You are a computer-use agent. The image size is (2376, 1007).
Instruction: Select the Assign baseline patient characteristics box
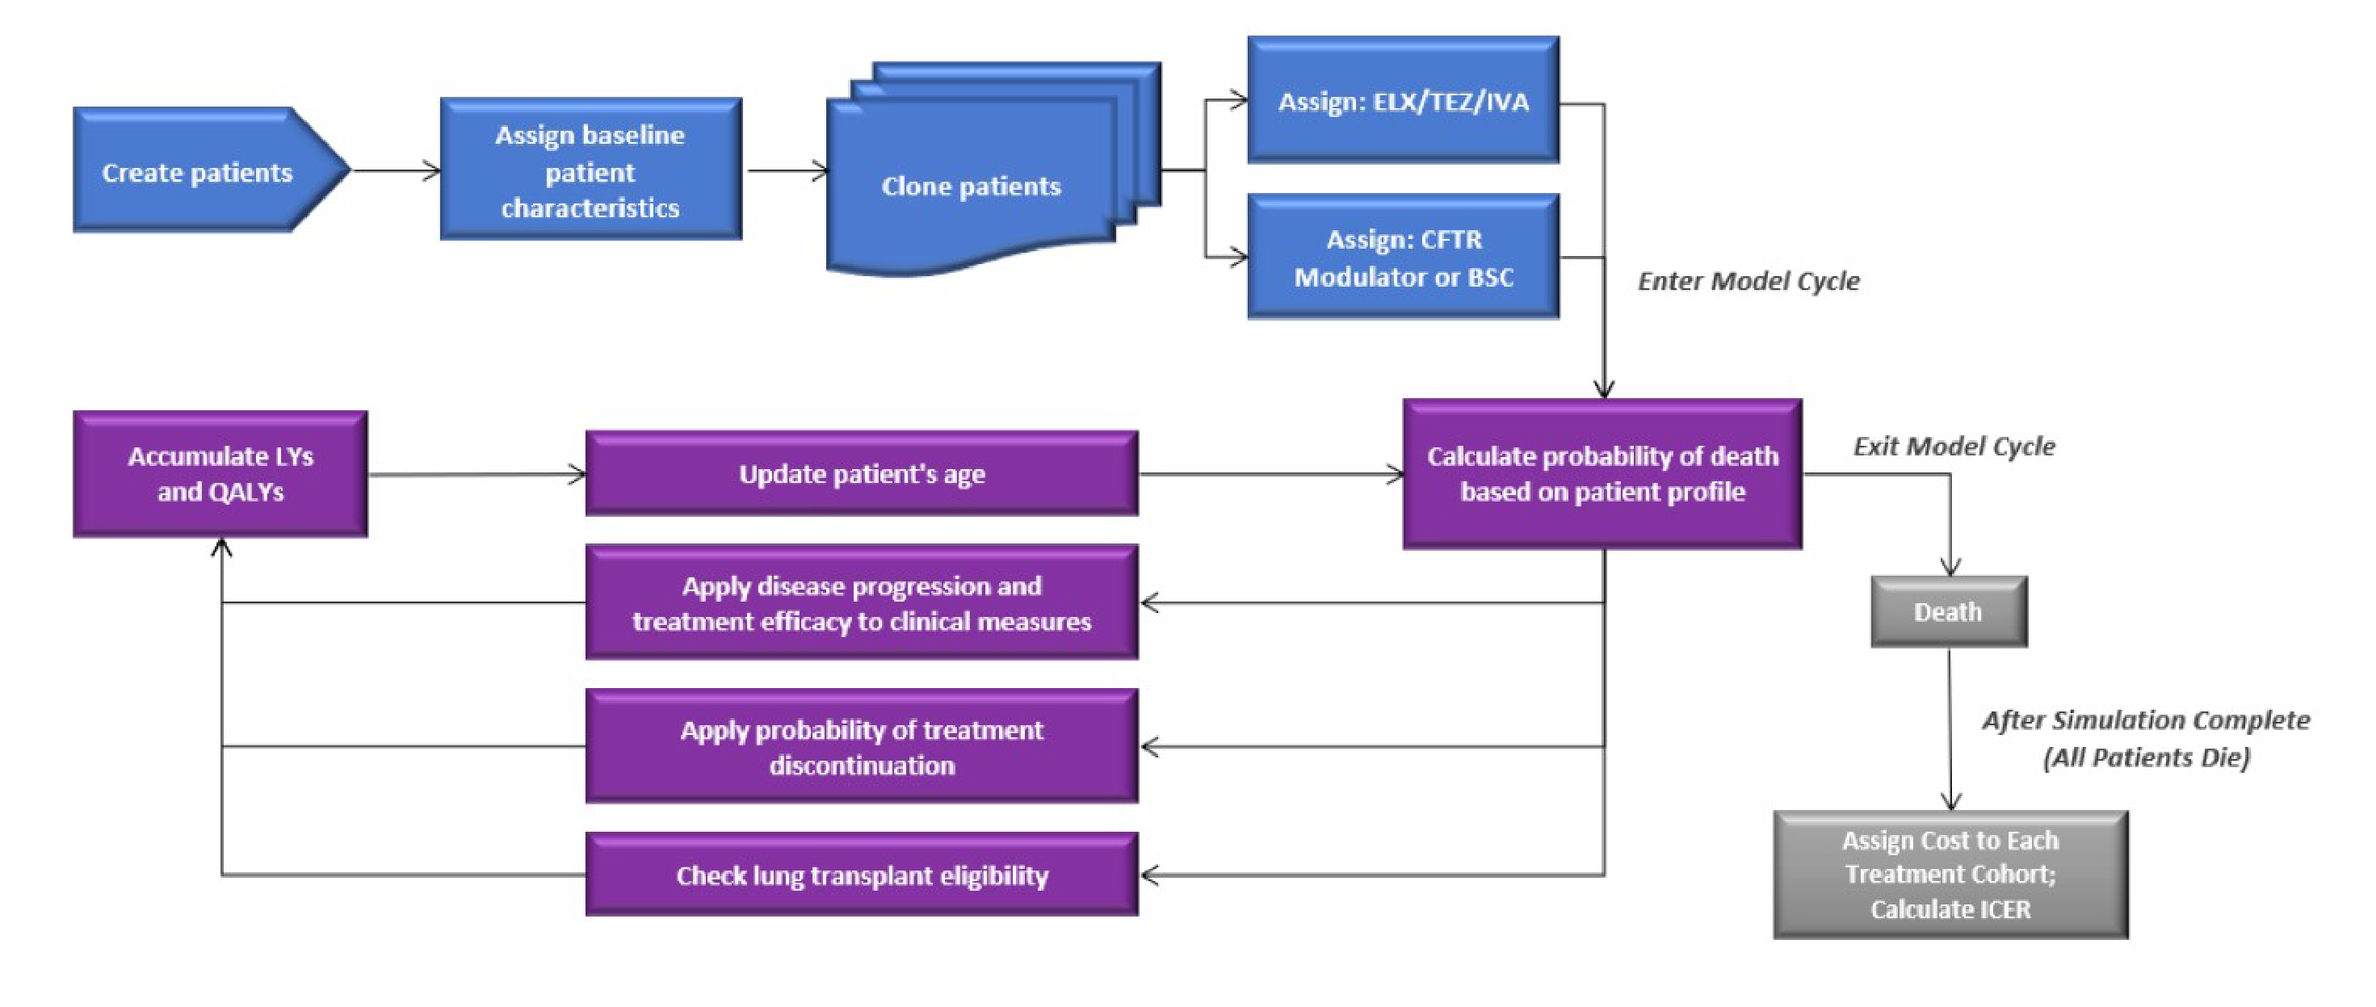[x=590, y=170]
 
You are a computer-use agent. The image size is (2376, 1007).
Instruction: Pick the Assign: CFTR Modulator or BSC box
[x=1403, y=258]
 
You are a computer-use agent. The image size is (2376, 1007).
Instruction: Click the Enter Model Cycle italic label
[x=1748, y=281]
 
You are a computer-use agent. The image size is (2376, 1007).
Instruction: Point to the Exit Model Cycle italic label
[x=1954, y=447]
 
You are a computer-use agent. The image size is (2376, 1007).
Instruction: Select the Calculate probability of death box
[x=1602, y=474]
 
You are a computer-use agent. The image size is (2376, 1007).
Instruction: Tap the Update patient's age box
[x=862, y=474]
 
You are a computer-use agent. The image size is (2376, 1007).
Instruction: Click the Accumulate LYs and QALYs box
[x=220, y=474]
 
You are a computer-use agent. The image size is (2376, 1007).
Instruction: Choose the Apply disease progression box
[x=862, y=603]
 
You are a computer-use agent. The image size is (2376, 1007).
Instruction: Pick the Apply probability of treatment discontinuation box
[x=862, y=747]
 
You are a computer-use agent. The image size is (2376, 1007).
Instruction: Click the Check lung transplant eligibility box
[x=862, y=875]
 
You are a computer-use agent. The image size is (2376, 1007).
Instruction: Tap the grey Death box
[x=1948, y=612]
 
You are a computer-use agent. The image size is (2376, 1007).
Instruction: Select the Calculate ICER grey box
[x=1950, y=875]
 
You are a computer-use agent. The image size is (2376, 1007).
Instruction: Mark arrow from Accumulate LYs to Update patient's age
[x=475, y=475]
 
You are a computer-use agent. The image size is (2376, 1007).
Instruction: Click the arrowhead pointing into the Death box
[x=1950, y=567]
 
